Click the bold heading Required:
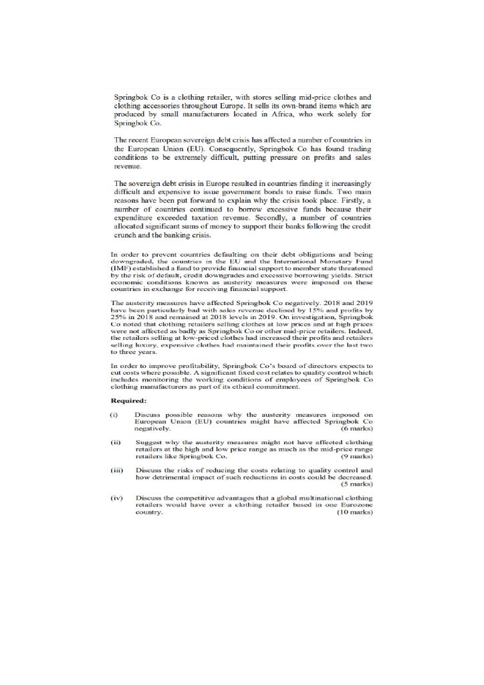[128, 401]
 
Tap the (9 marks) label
[356, 456]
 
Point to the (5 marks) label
[358, 484]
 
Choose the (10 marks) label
[355, 512]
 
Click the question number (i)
[114, 415]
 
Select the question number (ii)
[115, 443]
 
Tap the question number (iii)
[116, 470]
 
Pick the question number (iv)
[116, 498]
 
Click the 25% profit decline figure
[118, 316]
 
